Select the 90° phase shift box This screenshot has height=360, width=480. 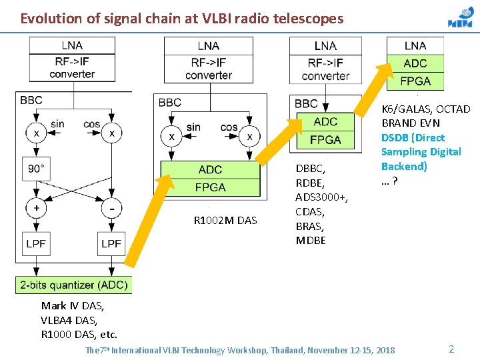pos(37,169)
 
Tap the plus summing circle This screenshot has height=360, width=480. pos(37,207)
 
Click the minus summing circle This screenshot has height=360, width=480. pos(111,207)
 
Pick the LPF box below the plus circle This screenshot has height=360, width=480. pos(37,244)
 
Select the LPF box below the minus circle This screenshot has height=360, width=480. pos(111,244)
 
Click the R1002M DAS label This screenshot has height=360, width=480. pos(225,221)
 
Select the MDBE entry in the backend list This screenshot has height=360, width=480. pos(311,240)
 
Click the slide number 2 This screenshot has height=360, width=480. pos(451,349)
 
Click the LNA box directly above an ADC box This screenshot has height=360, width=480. pos(415,46)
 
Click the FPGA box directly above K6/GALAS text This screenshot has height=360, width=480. pos(415,81)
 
